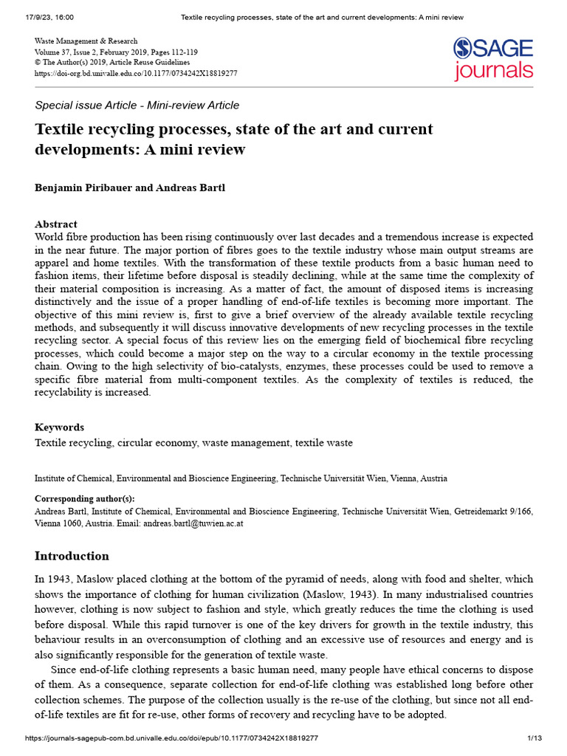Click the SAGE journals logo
(x=492, y=58)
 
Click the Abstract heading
(x=56, y=224)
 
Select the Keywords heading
(x=59, y=427)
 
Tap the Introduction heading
(x=72, y=556)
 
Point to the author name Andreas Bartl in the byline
(x=191, y=188)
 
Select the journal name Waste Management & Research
(x=86, y=41)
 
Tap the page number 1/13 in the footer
(x=535, y=738)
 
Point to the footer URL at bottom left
(x=171, y=738)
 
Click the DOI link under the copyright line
(x=136, y=73)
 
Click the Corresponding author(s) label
(x=85, y=498)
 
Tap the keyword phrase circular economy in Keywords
(x=156, y=443)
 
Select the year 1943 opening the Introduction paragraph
(x=61, y=580)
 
